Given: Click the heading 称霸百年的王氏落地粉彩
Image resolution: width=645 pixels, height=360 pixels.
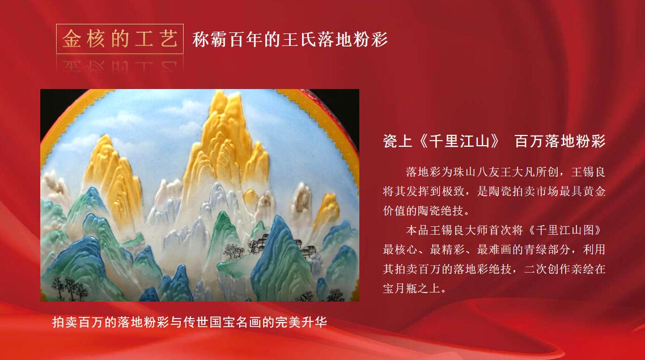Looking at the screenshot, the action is tap(290, 40).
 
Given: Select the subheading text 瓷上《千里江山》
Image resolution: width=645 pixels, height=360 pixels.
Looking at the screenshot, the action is tap(442, 141).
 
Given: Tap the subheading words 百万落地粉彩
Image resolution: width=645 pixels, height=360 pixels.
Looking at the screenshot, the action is tap(560, 141).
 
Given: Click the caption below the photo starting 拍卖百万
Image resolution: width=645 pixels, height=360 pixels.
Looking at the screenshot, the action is tap(190, 322).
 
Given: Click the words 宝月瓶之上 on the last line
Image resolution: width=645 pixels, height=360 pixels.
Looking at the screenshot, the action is tap(411, 289).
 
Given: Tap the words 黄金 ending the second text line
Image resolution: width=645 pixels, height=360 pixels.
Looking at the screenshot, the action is tap(594, 191).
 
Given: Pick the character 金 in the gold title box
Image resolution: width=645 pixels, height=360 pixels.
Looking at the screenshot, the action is tap(71, 39).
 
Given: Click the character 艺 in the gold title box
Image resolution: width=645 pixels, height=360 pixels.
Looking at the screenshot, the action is tap(168, 39).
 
